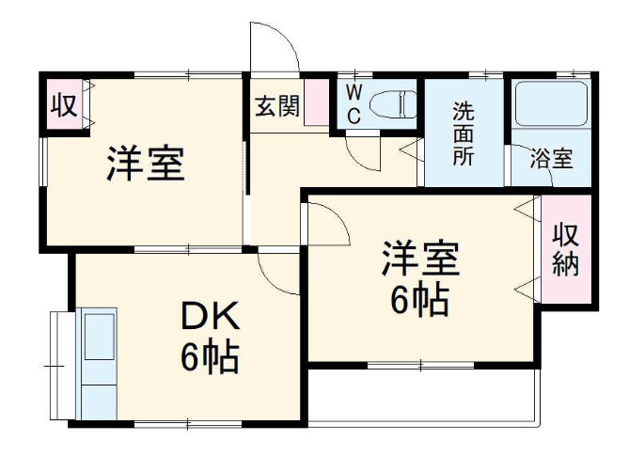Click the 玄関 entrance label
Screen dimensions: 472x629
(x=276, y=106)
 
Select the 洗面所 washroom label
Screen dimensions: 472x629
(x=464, y=133)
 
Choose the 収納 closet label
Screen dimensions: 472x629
(x=565, y=249)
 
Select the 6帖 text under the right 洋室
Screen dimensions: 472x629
(x=419, y=300)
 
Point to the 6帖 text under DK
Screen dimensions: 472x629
(x=210, y=357)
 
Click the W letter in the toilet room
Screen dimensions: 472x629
(x=354, y=92)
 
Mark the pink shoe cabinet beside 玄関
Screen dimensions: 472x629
(x=317, y=103)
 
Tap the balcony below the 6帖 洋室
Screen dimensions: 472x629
(x=423, y=395)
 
